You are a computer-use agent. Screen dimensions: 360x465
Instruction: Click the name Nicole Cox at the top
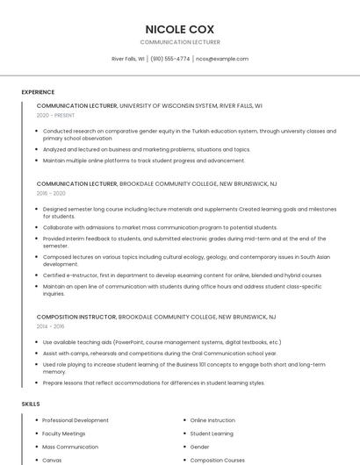(179, 29)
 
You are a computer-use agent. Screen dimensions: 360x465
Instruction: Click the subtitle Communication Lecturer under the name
(179, 42)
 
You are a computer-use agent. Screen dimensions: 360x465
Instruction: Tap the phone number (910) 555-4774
(169, 59)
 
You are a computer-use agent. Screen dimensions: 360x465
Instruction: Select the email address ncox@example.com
(222, 59)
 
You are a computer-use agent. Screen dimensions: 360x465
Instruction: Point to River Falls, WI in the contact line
(128, 59)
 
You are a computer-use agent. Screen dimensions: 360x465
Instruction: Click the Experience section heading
(38, 92)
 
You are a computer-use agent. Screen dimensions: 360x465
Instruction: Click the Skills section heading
(31, 404)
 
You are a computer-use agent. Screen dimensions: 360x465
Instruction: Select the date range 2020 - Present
(55, 115)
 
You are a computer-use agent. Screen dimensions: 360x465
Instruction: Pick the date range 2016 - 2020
(51, 193)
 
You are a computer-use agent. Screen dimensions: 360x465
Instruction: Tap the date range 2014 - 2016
(51, 325)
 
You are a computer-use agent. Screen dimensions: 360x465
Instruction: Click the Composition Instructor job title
(76, 316)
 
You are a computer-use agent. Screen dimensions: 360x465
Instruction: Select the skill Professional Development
(76, 420)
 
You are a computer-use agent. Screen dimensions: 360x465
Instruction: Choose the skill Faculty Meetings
(64, 433)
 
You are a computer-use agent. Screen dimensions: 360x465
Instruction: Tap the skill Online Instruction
(212, 420)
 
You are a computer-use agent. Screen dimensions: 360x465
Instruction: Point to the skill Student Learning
(212, 433)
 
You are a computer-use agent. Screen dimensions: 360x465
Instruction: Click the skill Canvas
(52, 460)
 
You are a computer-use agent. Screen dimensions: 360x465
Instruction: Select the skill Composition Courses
(218, 460)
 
